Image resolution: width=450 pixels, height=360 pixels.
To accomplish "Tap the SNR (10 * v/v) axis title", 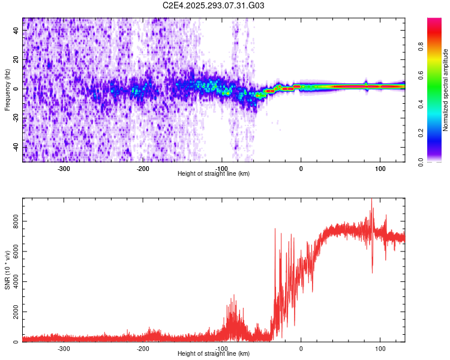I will click(x=7, y=270).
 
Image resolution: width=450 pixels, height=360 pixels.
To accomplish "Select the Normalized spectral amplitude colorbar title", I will click(x=446, y=90).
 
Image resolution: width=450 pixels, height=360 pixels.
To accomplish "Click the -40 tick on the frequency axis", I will click(x=16, y=147).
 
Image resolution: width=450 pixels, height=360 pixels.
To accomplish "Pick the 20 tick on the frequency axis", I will click(x=16, y=59).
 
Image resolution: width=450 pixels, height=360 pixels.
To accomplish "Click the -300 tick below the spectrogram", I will click(x=64, y=169).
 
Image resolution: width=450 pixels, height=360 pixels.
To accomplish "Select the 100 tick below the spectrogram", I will click(x=380, y=169).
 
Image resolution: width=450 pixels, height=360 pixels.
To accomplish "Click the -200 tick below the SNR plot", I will click(x=143, y=349).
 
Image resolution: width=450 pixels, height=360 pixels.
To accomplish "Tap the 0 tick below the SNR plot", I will click(x=301, y=349).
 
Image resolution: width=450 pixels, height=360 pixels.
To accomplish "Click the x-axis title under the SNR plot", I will click(x=214, y=354).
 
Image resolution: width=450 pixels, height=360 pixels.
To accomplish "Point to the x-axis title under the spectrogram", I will click(x=214, y=173).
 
